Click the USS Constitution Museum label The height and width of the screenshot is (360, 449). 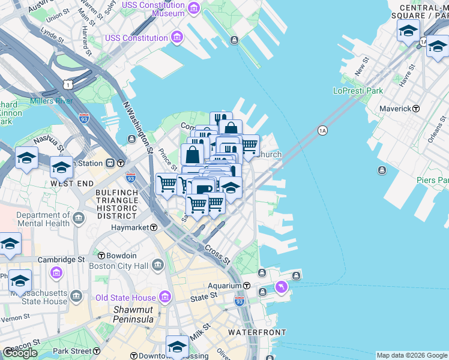pyautogui.click(x=153, y=9)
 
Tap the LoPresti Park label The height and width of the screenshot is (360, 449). pyautogui.click(x=358, y=91)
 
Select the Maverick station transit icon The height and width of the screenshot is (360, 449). pyautogui.click(x=416, y=109)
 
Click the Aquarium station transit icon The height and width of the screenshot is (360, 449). pyautogui.click(x=246, y=286)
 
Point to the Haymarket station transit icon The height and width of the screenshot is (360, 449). pyautogui.click(x=154, y=228)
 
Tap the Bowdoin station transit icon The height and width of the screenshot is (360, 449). pyautogui.click(x=101, y=255)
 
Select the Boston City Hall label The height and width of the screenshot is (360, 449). pyautogui.click(x=118, y=266)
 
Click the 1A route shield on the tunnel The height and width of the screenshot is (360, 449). pyautogui.click(x=322, y=130)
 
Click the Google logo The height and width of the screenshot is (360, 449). pyautogui.click(x=20, y=353)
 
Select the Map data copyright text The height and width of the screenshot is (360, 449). pyautogui.click(x=411, y=355)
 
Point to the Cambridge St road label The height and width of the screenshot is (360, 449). pyautogui.click(x=62, y=259)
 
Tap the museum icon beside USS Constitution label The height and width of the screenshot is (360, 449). pyautogui.click(x=176, y=38)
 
